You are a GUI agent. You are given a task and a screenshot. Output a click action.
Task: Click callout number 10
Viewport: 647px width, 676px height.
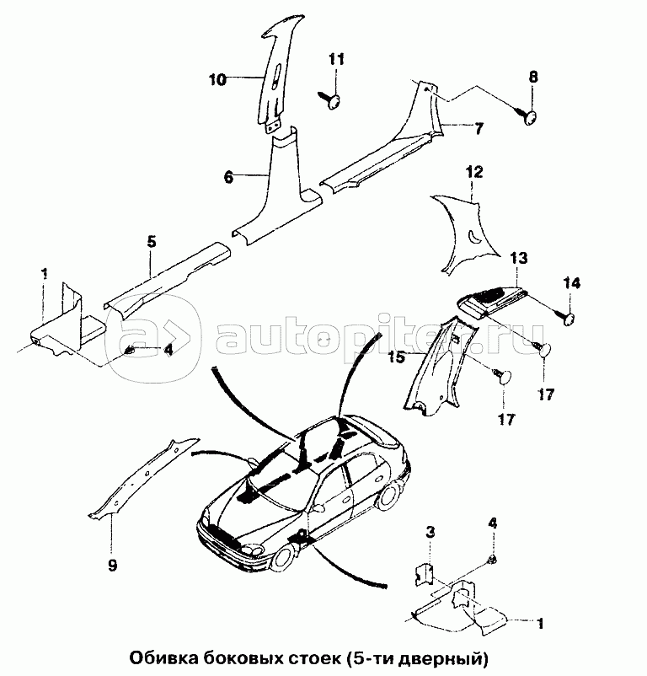(218, 81)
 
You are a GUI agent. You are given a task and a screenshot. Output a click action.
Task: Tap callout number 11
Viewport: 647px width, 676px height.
(336, 60)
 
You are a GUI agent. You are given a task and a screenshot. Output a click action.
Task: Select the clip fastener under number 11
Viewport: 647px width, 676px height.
(330, 101)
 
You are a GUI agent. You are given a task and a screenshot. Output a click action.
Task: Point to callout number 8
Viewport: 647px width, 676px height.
(532, 78)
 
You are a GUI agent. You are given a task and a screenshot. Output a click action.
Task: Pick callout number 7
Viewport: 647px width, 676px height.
(478, 129)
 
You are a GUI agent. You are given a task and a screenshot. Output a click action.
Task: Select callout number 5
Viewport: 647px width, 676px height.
(151, 242)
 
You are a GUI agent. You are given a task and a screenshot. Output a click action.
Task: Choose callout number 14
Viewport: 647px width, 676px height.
(572, 283)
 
